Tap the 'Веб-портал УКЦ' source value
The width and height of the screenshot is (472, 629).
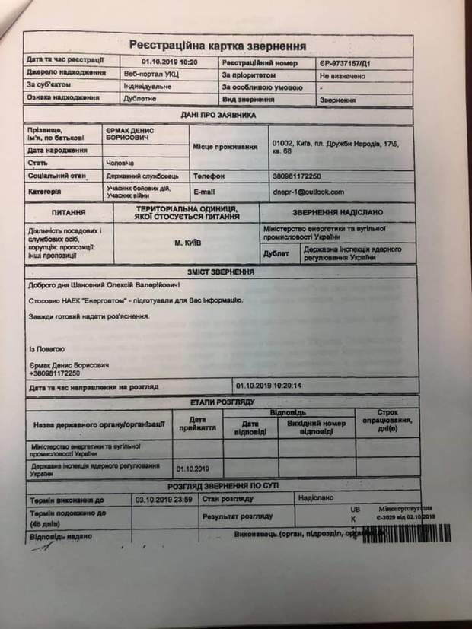(x=151, y=75)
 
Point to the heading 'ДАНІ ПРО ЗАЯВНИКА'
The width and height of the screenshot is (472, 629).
(x=218, y=115)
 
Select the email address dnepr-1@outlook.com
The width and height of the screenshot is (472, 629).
(x=307, y=192)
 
